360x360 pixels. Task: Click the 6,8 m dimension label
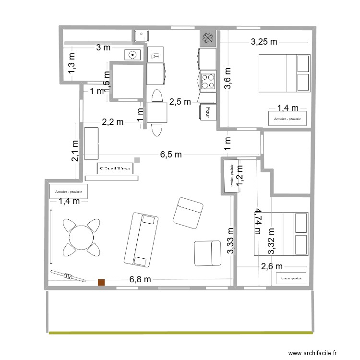point(140,279)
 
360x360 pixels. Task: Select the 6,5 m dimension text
point(171,155)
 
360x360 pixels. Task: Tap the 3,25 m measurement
point(264,42)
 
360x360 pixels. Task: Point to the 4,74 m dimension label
point(259,221)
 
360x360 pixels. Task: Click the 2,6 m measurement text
point(271,266)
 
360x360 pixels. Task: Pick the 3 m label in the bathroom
point(103,47)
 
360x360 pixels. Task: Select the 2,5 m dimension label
point(180,101)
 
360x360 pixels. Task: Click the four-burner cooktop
point(208,81)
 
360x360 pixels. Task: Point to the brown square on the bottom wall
point(101,283)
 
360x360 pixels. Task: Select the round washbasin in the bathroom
point(131,55)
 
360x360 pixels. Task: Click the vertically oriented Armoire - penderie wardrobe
point(230,175)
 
